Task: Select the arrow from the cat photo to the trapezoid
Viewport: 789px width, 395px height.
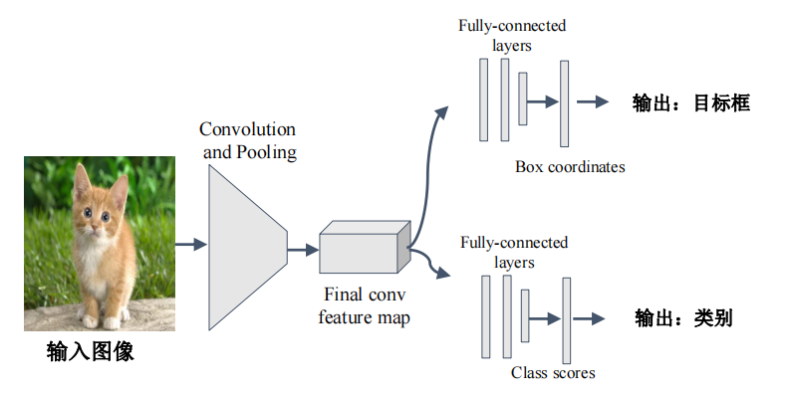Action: [191, 244]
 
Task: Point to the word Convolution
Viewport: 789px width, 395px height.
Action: [247, 130]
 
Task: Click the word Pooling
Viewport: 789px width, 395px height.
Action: [265, 152]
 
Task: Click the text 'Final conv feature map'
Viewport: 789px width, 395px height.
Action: [365, 305]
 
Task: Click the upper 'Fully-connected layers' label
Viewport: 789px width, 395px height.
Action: [511, 36]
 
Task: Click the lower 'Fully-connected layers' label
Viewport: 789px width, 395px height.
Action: [514, 252]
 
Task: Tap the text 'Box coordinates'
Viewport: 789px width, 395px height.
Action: [570, 166]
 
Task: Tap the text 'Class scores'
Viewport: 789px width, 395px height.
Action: [553, 372]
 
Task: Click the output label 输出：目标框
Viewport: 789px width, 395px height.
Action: [690, 102]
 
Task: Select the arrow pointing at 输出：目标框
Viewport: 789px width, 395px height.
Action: [592, 102]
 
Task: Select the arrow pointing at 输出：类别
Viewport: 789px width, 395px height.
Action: [592, 318]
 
